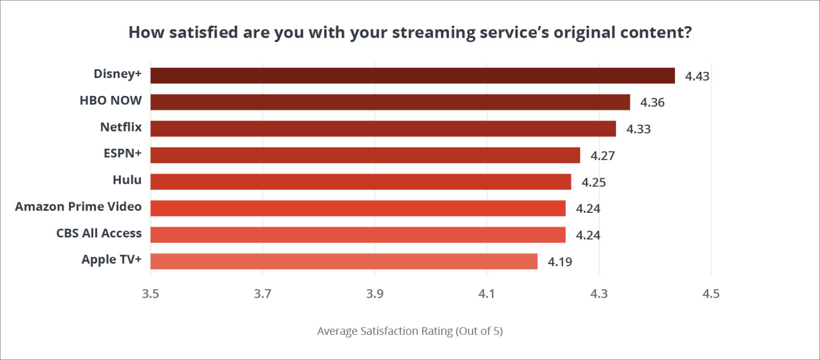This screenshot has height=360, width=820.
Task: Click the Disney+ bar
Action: point(412,75)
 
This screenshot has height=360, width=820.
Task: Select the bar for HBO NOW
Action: point(390,102)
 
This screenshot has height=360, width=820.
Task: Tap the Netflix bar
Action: point(383,128)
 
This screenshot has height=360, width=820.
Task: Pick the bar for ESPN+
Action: point(365,155)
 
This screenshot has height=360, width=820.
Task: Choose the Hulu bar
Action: point(360,181)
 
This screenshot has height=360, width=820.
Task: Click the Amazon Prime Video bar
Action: point(358,208)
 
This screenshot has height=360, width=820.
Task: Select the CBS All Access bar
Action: point(358,234)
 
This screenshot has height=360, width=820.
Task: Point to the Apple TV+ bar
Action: point(344,261)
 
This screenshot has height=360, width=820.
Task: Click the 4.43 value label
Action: point(697,77)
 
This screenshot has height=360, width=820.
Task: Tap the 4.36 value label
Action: point(652,103)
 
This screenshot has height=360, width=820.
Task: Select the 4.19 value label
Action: point(560,261)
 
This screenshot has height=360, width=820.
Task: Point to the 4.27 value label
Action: point(603,156)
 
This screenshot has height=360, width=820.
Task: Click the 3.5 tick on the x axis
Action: point(150,294)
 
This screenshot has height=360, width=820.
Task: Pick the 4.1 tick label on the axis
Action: point(487,294)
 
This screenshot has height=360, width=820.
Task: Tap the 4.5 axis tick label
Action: point(710,294)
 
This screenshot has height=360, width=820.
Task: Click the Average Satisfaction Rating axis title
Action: point(410,332)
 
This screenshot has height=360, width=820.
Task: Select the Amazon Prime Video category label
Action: point(78,206)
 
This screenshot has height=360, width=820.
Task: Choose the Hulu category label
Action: point(127,180)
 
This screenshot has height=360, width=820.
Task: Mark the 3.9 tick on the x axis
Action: point(375,294)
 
